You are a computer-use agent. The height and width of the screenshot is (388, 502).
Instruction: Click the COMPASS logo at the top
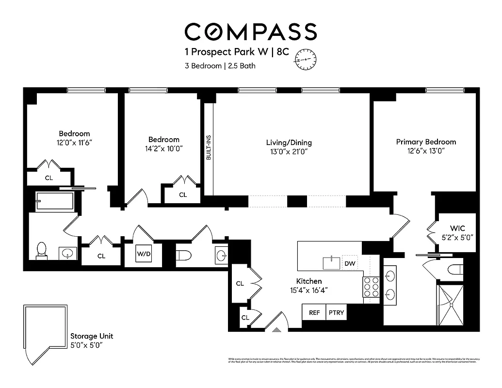(x=251, y=32)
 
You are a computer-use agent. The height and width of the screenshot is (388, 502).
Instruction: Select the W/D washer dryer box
(x=144, y=253)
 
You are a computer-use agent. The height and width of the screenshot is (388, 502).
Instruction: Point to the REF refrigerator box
(x=314, y=312)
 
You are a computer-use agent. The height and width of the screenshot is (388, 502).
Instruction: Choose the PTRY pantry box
(x=336, y=312)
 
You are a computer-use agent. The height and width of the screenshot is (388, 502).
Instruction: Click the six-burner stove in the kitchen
(x=372, y=290)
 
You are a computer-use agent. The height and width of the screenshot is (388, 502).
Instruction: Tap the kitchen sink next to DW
(x=332, y=263)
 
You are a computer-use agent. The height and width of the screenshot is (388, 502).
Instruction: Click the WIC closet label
(x=457, y=228)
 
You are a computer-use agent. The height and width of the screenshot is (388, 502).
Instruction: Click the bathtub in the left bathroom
(x=55, y=201)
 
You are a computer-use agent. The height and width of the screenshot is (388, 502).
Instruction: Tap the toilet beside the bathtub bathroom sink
(x=42, y=250)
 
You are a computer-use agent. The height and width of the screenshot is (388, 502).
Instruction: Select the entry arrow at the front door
(x=276, y=330)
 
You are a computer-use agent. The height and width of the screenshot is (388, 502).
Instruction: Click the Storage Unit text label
(x=92, y=336)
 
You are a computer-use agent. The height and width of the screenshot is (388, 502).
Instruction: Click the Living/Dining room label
(x=289, y=143)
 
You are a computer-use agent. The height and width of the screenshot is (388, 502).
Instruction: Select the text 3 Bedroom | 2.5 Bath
(x=220, y=66)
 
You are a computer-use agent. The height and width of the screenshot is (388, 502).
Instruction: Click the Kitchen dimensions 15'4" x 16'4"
(x=309, y=291)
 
